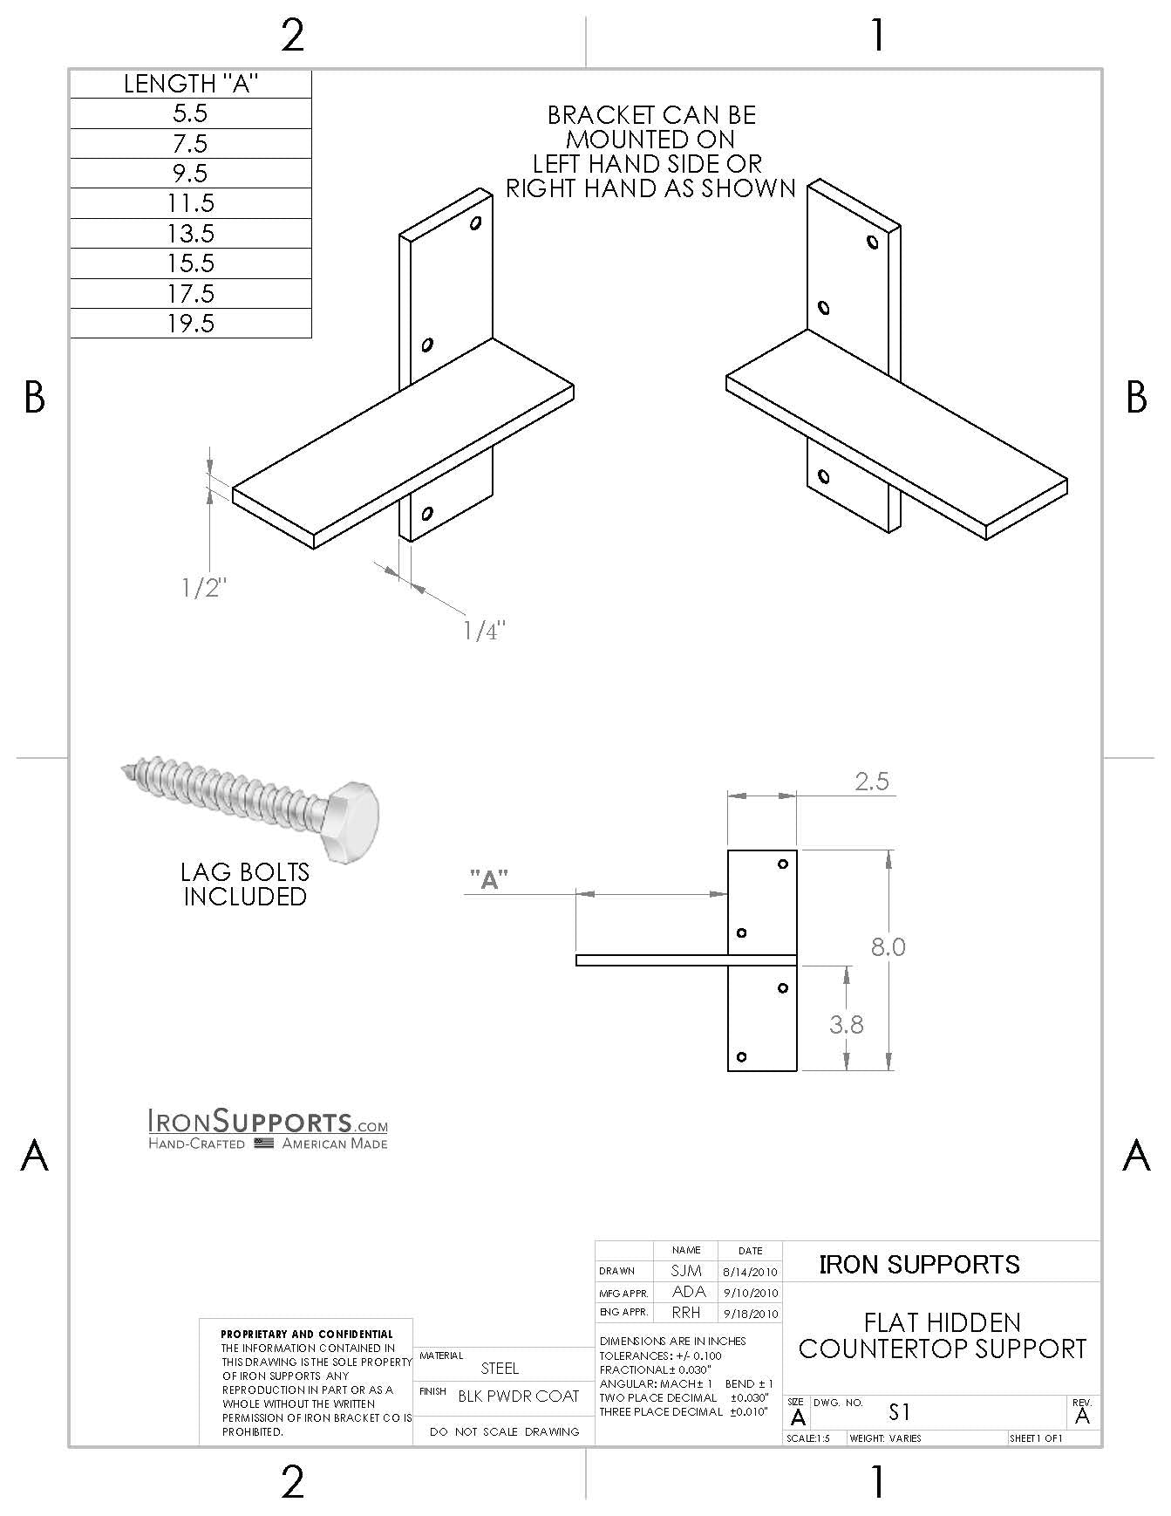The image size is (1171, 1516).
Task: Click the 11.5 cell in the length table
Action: tap(190, 203)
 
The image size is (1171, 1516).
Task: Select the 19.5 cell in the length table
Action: tap(190, 324)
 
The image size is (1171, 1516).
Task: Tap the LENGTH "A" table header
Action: tap(190, 84)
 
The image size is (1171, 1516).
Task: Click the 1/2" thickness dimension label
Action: tap(203, 588)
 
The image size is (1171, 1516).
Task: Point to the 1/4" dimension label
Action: tap(484, 631)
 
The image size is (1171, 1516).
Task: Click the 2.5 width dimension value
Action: tap(871, 781)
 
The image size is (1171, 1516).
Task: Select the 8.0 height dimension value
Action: tap(888, 946)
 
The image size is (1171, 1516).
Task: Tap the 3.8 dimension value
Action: tap(846, 1024)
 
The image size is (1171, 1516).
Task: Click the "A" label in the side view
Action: tap(489, 880)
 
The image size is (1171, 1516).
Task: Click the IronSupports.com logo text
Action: tap(268, 1121)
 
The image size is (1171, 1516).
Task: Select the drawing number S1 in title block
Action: tap(899, 1411)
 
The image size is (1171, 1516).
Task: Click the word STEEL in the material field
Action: tap(500, 1369)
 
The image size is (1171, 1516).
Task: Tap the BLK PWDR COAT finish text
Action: tap(518, 1396)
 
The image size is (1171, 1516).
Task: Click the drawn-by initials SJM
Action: tap(686, 1271)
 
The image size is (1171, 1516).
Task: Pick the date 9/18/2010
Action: tap(750, 1314)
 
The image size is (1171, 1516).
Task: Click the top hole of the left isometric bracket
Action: tap(475, 223)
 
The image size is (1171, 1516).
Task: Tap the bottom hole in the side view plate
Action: tap(741, 1057)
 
